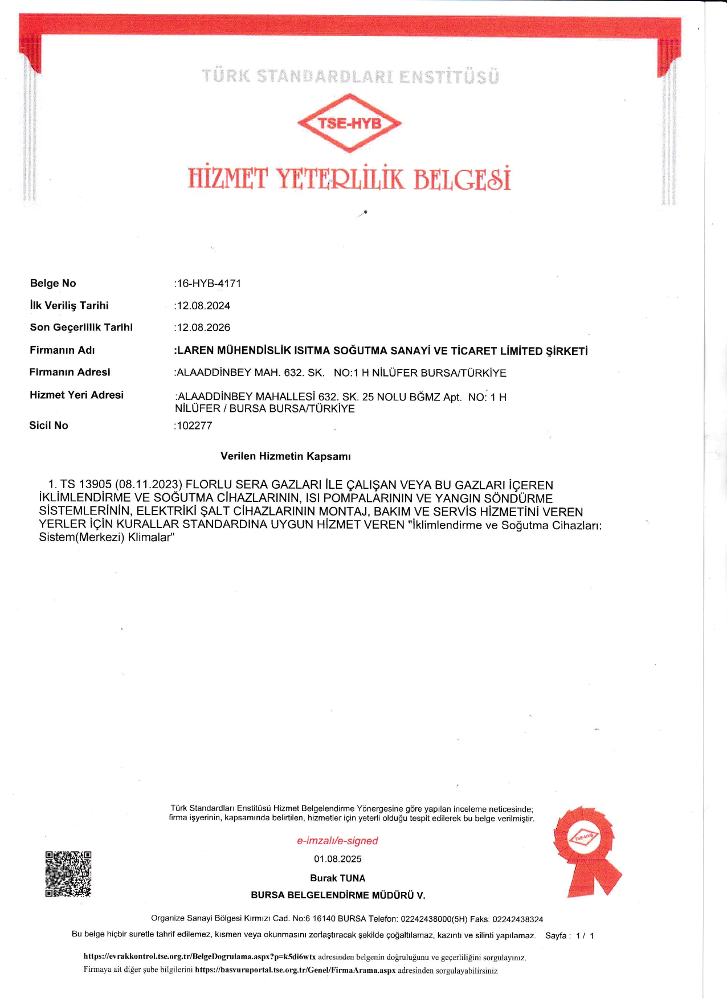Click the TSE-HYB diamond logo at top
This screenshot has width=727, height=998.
coord(349,123)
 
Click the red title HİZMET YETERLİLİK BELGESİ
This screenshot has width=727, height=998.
coord(349,179)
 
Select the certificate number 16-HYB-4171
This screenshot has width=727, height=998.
coord(209,283)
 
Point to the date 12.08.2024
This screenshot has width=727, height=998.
coord(203,306)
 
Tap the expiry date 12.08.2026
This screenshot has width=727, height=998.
coord(203,328)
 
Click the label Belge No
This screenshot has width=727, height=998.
coord(53,283)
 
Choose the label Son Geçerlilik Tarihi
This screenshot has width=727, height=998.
coord(81,328)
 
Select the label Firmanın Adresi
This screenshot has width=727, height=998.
coord(70,373)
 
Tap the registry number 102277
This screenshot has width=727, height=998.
coord(194,426)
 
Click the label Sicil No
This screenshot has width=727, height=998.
coord(49,426)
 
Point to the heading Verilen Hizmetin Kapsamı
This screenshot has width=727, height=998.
coord(285,456)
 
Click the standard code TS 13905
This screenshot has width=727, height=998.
coord(86,485)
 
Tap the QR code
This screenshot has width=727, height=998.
coord(68,874)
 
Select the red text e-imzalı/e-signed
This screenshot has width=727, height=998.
coord(337,841)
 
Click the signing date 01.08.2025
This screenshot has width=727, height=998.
coord(337,859)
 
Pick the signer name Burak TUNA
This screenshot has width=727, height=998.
coord(337,878)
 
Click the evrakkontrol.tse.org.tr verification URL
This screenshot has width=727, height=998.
coord(199,957)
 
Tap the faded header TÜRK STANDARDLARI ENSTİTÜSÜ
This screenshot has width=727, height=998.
coord(350,76)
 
